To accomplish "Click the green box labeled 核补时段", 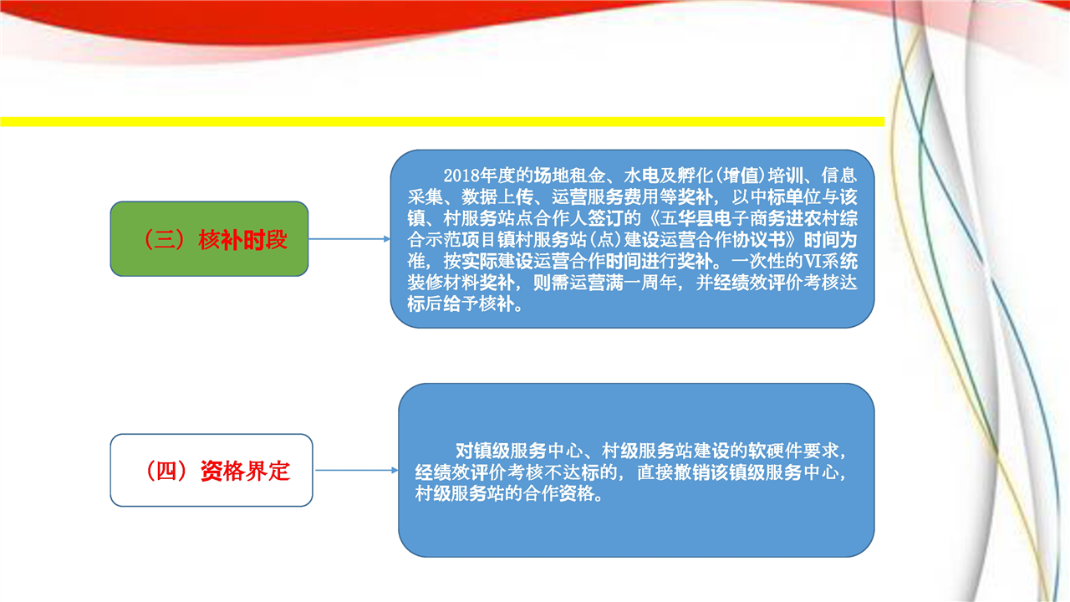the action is pos(209,239).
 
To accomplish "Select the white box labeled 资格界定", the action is pos(211,470).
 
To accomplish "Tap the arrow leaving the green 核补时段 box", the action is pos(349,239).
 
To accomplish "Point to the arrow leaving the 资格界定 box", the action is pos(356,470).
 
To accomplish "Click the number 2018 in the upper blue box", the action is pos(461,176).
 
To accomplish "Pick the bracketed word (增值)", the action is pos(741,176).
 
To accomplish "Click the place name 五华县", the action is pos(686,218).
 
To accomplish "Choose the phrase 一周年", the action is pos(650,283).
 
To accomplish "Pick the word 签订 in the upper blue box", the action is pos(605,218).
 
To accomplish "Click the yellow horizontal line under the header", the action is pos(442,122).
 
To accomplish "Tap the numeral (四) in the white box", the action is pos(166,471).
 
